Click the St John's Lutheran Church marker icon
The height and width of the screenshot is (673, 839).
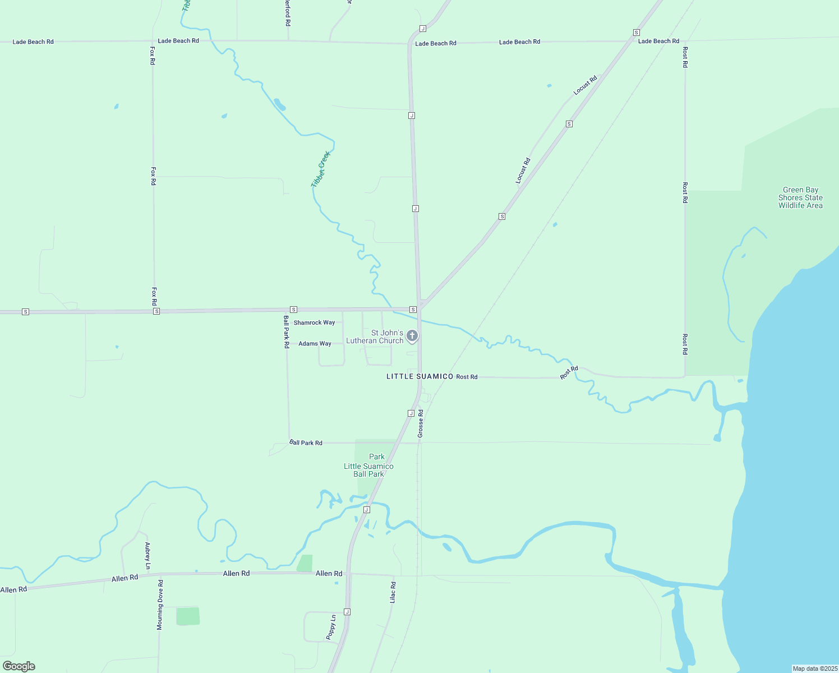(x=412, y=336)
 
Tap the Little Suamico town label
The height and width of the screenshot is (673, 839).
(x=419, y=376)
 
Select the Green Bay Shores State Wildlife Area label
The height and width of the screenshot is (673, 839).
(x=800, y=198)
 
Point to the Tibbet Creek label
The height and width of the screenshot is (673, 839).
(x=321, y=169)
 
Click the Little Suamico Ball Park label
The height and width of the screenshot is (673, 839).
(x=368, y=470)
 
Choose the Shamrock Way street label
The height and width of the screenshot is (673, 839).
(x=314, y=322)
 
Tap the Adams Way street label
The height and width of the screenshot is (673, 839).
(x=315, y=344)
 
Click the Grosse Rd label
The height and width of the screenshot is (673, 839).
(x=421, y=423)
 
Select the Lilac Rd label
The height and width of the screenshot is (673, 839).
(x=393, y=592)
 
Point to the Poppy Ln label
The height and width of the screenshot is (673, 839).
(x=331, y=627)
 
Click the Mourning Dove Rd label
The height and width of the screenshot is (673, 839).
(x=160, y=605)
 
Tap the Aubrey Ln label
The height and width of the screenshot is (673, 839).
(x=147, y=556)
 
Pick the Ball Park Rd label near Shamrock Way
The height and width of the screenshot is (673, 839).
(x=286, y=331)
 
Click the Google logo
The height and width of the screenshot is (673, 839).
(x=19, y=666)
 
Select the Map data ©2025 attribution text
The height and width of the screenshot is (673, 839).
(x=814, y=669)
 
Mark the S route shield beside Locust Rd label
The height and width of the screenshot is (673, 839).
(x=569, y=124)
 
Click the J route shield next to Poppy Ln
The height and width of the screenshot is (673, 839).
(x=347, y=612)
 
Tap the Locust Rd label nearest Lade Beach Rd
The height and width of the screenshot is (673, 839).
(x=586, y=85)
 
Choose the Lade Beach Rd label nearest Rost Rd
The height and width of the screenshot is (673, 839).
(x=658, y=41)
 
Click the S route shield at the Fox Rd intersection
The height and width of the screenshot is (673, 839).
(x=156, y=311)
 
